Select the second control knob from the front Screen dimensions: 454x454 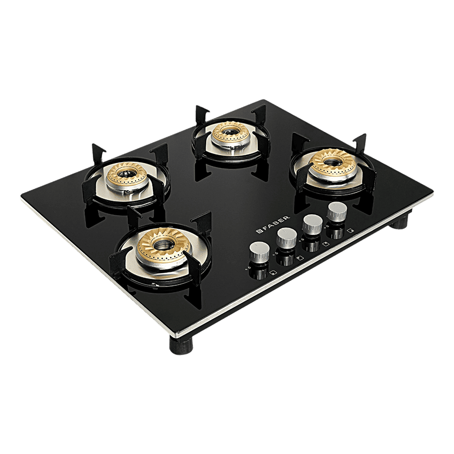pyautogui.click(x=286, y=237)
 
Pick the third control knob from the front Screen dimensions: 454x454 pyautogui.click(x=312, y=223)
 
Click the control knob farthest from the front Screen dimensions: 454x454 pyautogui.click(x=336, y=211)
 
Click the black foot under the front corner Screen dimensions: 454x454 pyautogui.click(x=182, y=345)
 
